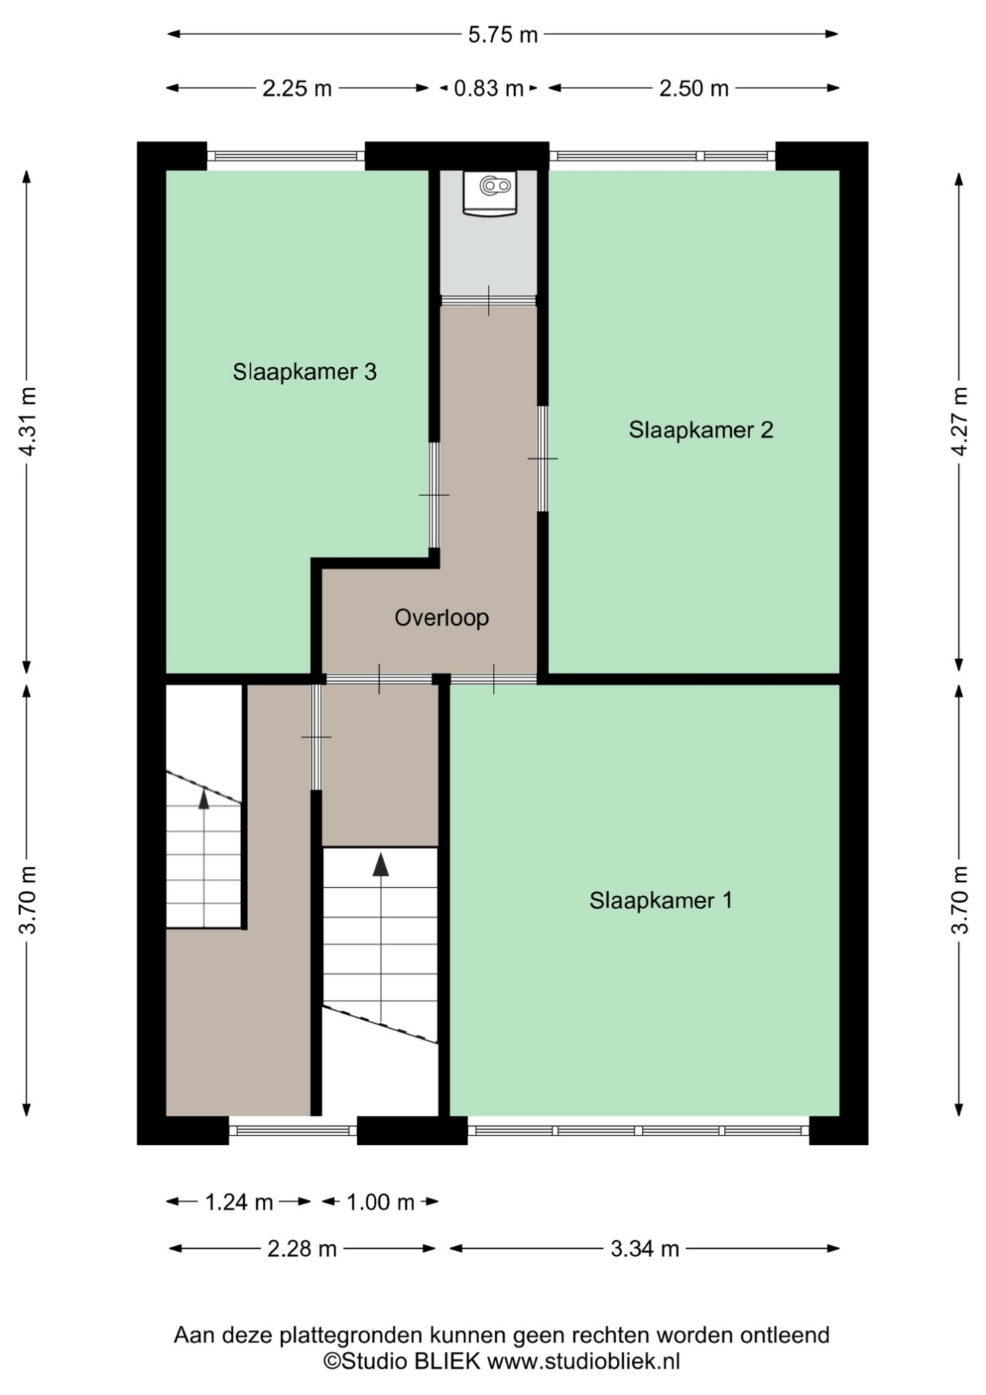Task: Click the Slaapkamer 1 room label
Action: [660, 900]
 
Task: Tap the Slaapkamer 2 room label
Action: [700, 430]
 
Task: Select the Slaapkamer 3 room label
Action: [305, 372]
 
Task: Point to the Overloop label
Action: [441, 618]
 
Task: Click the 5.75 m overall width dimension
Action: [502, 34]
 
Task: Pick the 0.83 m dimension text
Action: [489, 88]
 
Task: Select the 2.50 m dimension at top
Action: [694, 88]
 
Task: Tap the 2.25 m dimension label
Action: [297, 88]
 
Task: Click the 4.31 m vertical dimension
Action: [28, 422]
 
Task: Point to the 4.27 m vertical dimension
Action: [959, 422]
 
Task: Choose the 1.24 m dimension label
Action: [239, 1202]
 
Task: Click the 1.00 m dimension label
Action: [381, 1202]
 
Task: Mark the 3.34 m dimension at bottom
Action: [645, 1249]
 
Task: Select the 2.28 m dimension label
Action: [302, 1249]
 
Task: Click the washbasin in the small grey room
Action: [489, 193]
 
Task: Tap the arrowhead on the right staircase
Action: [381, 864]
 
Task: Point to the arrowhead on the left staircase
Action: [204, 799]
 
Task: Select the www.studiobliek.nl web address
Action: [584, 1361]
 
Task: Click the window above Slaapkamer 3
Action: [286, 156]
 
